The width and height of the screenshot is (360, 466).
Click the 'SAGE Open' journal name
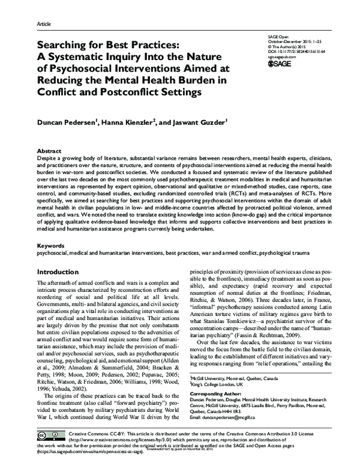point(275,36)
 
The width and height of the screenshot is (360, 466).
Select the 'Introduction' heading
point(59,271)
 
